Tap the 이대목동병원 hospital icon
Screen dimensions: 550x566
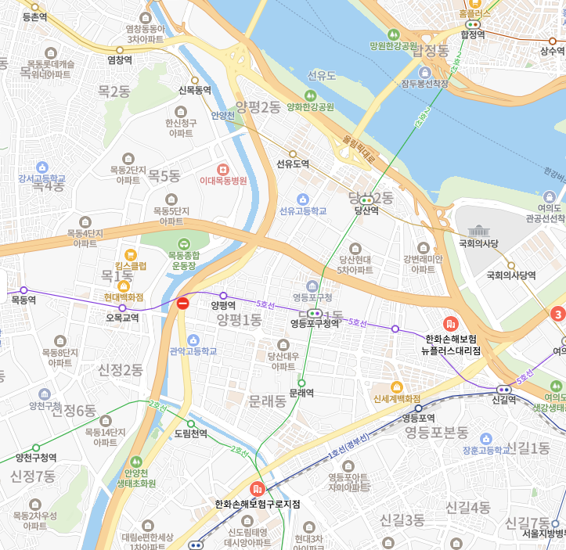223,169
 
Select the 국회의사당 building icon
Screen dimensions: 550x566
478,231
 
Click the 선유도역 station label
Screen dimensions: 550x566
293,164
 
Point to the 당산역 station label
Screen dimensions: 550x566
366,210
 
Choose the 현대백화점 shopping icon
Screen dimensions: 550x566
124,286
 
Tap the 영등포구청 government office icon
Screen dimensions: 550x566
312,286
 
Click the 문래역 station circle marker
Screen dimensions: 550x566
301,382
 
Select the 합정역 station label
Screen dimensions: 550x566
473,35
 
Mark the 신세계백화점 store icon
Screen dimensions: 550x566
397,386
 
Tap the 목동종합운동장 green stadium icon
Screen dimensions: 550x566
183,243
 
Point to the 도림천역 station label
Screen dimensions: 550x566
190,433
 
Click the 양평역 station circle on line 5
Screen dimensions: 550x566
223,296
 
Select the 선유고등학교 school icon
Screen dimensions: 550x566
304,199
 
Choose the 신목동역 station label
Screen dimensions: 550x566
195,91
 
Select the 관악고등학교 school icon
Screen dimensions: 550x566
193,339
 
